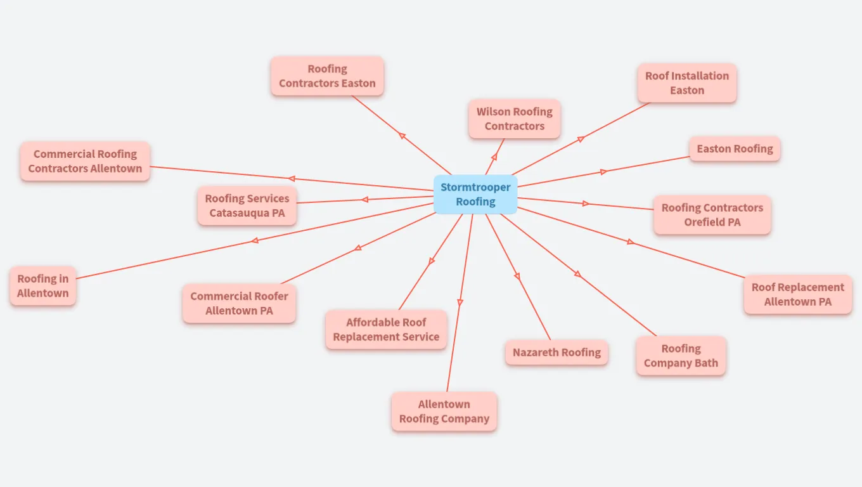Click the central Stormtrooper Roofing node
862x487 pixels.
(x=475, y=195)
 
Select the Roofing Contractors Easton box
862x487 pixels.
(x=327, y=76)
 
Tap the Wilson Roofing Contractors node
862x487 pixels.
(x=515, y=119)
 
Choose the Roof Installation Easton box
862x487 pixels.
(x=687, y=83)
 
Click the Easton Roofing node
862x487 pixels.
(x=735, y=149)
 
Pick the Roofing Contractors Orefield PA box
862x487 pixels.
(x=712, y=215)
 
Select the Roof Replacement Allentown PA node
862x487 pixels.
(x=798, y=294)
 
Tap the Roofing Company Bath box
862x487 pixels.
(x=681, y=356)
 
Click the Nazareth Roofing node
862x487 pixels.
(x=556, y=353)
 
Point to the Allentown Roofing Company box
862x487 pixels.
(x=444, y=412)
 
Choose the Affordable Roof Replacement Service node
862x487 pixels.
(x=386, y=330)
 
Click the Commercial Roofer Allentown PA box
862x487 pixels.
(x=239, y=303)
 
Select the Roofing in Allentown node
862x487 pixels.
(x=42, y=285)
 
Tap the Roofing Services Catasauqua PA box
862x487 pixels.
(x=247, y=205)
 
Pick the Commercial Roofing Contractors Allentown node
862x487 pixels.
(x=85, y=161)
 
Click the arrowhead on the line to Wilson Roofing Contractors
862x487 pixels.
(x=494, y=157)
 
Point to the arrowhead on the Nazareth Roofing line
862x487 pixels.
(x=517, y=276)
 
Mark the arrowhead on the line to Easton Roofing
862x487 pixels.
(x=603, y=172)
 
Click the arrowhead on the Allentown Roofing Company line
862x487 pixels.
(x=460, y=302)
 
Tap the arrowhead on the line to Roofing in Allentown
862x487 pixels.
(x=254, y=240)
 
